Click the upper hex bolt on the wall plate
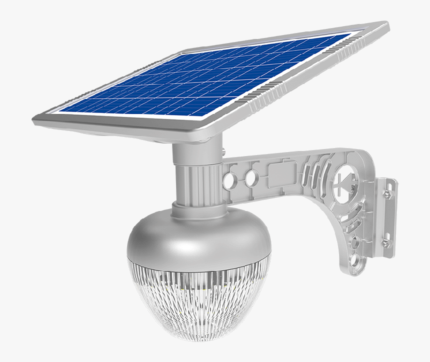[x=386, y=192]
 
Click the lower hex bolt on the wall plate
[x=385, y=243]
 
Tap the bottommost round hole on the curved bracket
[x=356, y=261]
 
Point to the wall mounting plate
[x=385, y=217]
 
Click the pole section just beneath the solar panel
[x=197, y=152]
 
